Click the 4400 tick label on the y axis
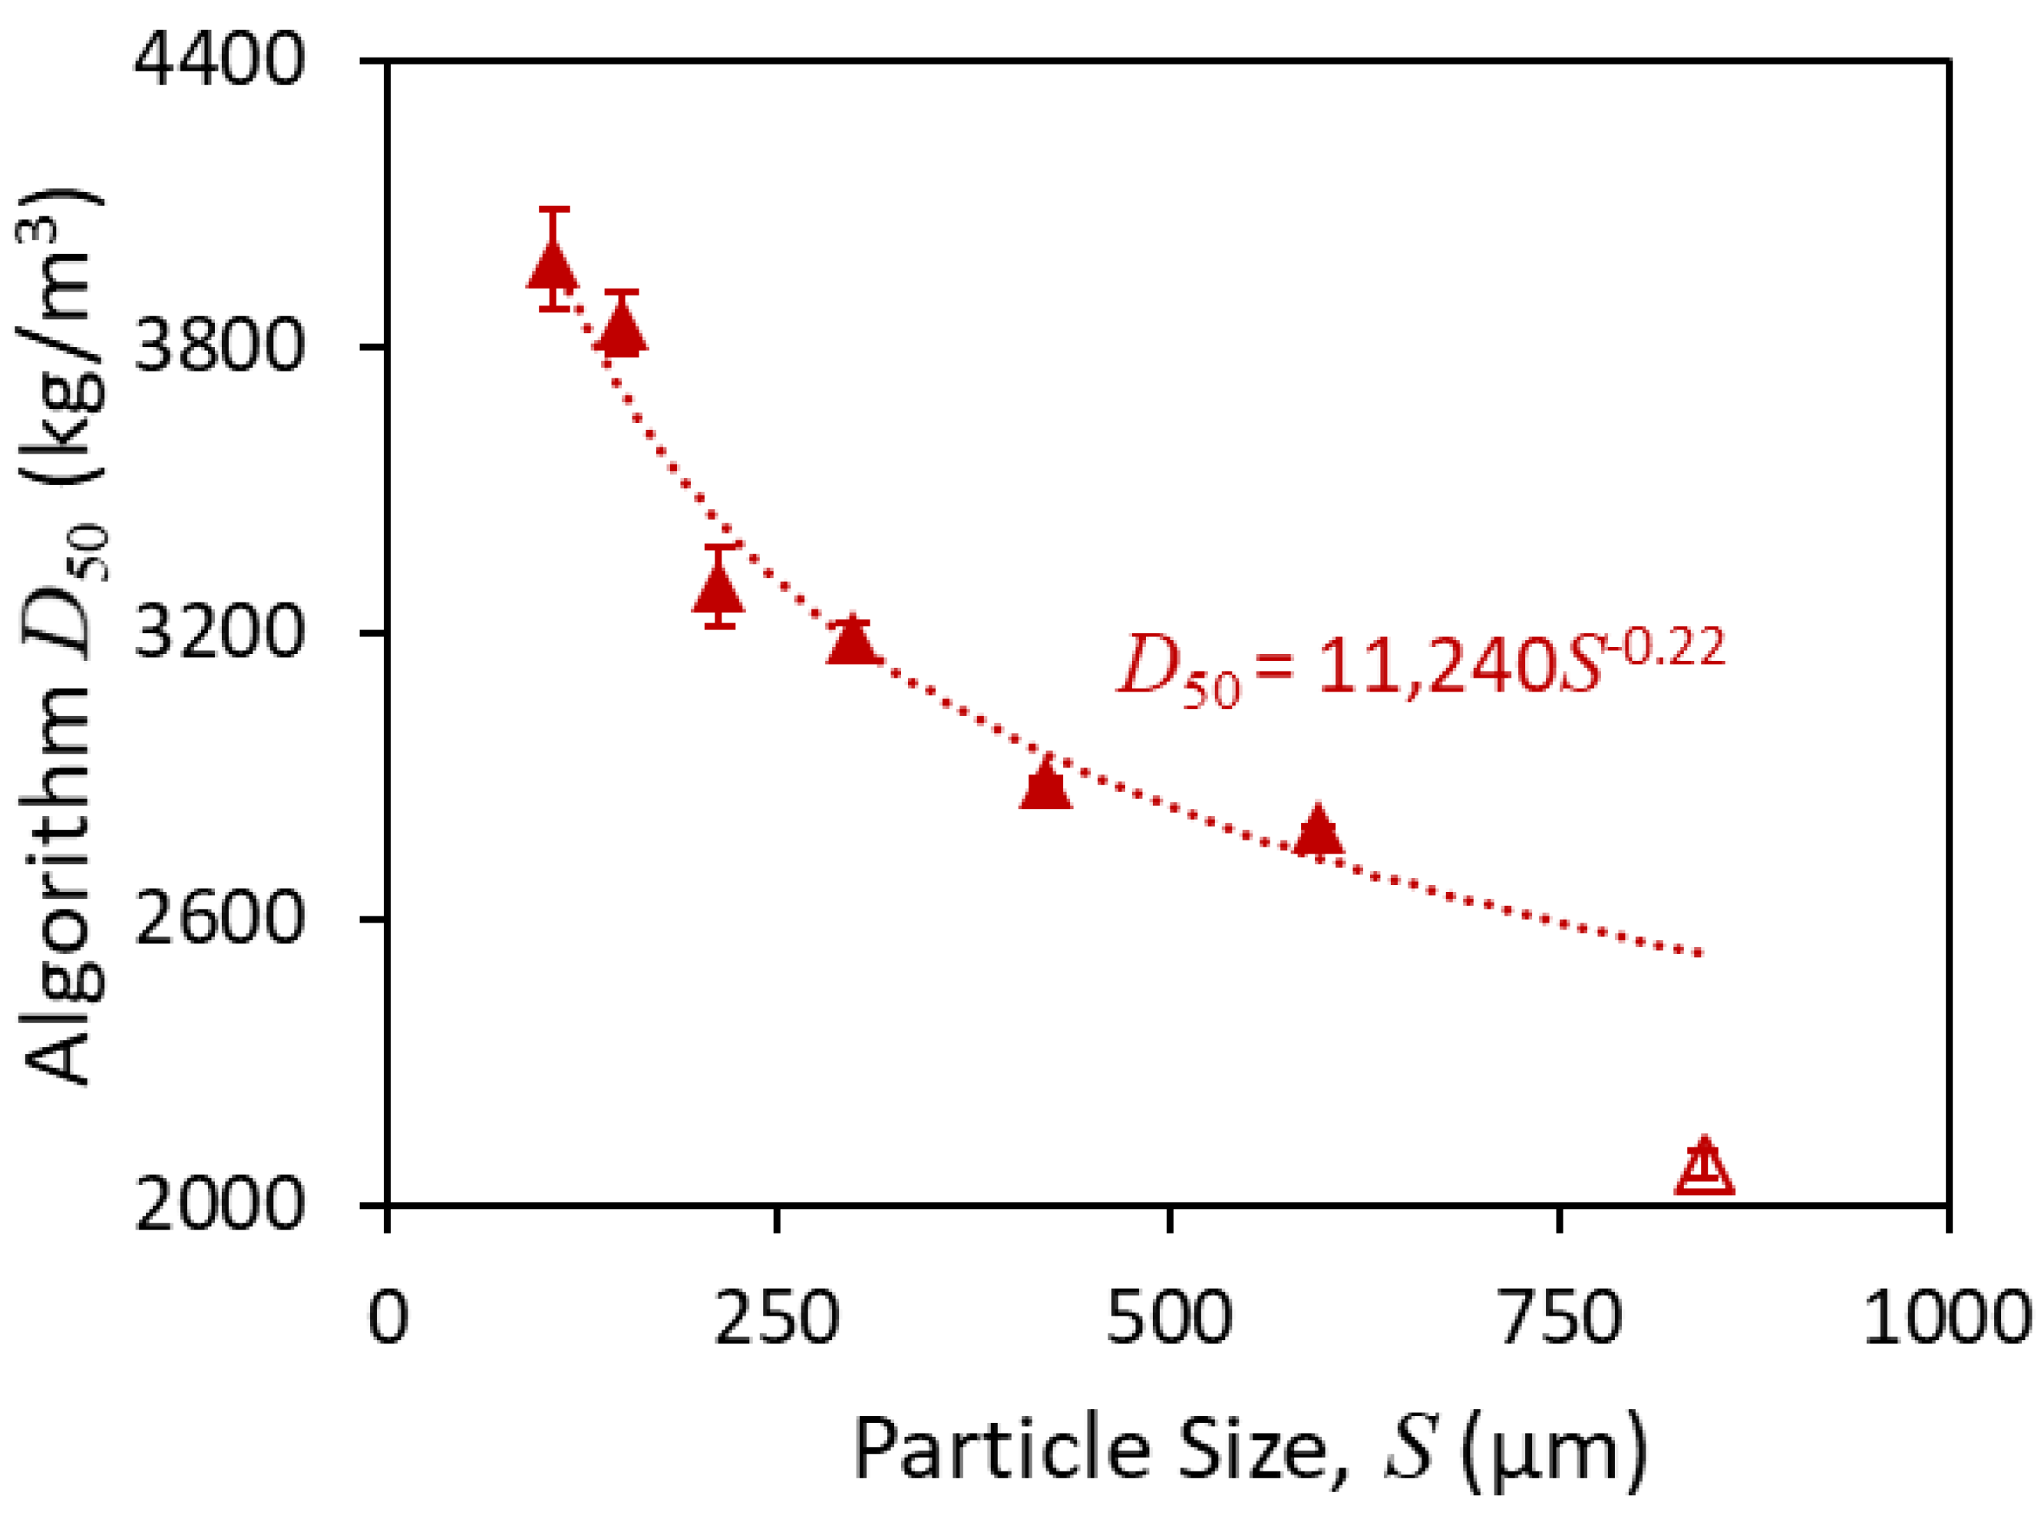(x=219, y=60)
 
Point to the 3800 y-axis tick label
(x=219, y=347)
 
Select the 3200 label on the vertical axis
(x=219, y=632)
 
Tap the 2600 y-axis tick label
(x=219, y=919)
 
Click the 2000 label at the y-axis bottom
(x=219, y=1204)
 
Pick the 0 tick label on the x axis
(x=387, y=1316)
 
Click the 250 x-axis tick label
(x=778, y=1316)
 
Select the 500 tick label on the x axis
(x=1169, y=1316)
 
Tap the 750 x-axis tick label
(x=1560, y=1316)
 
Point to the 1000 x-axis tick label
(x=1947, y=1316)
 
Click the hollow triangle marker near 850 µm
(x=1704, y=1171)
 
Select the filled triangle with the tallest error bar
(x=553, y=266)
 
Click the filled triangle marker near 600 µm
(x=1318, y=832)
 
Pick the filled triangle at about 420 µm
(x=1045, y=786)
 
